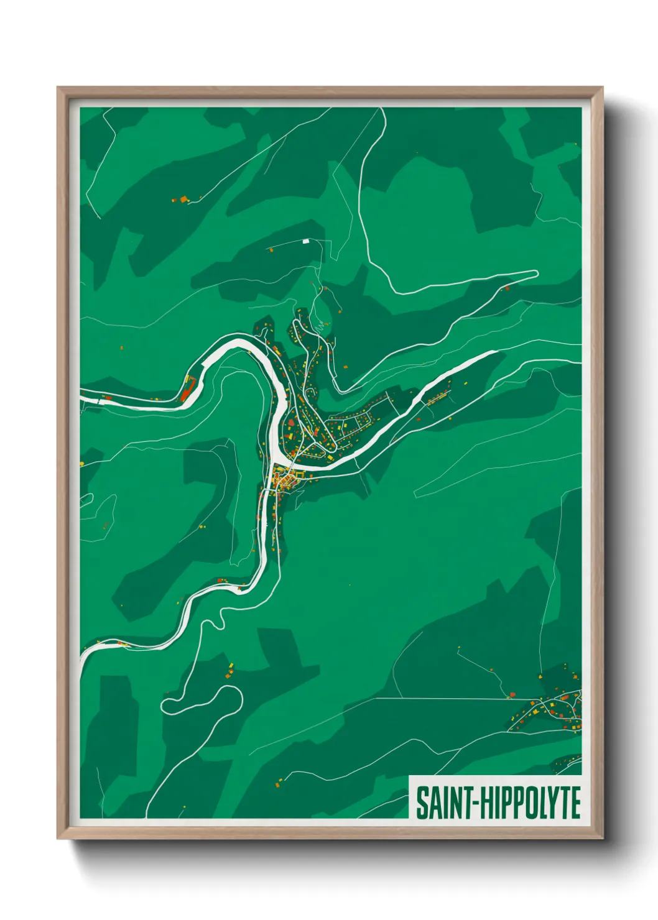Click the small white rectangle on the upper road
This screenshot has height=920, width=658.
(305, 241)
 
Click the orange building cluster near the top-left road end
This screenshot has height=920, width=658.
(183, 200)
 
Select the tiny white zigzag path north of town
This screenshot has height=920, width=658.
(321, 326)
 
